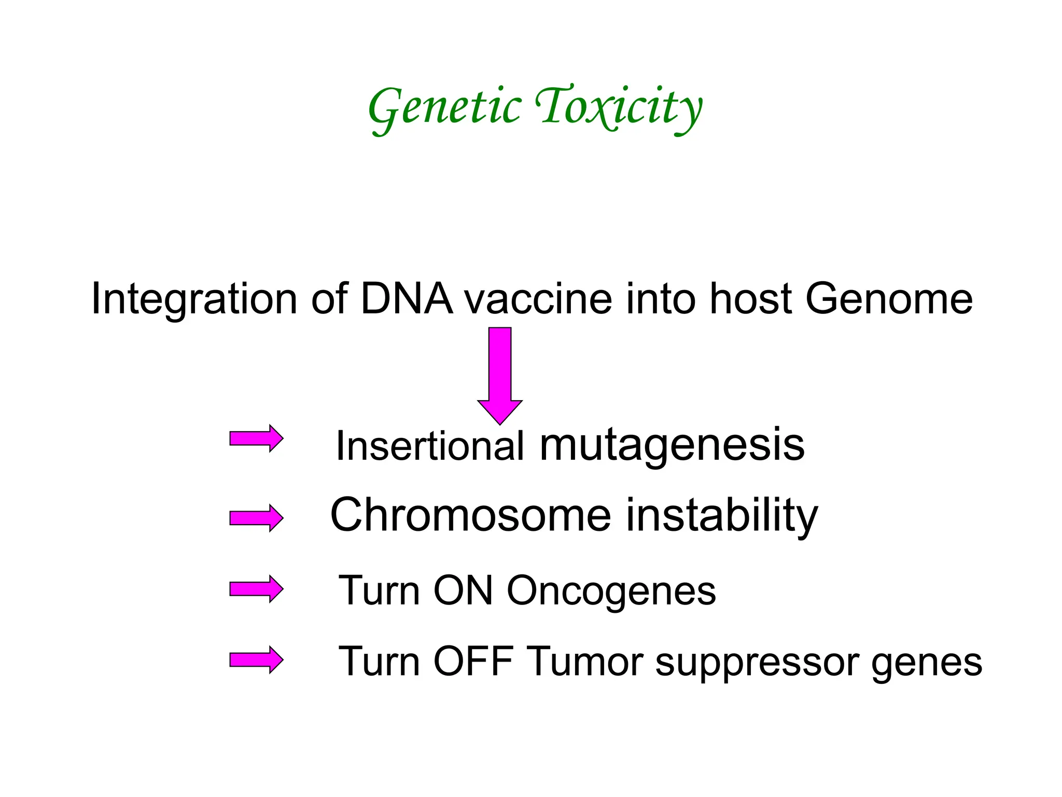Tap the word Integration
pyautogui.click(x=194, y=299)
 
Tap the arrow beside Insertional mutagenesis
pyautogui.click(x=256, y=438)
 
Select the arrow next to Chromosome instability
pyautogui.click(x=256, y=518)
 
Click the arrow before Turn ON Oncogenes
pyautogui.click(x=256, y=589)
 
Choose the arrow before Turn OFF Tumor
pyautogui.click(x=256, y=660)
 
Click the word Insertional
pyautogui.click(x=430, y=445)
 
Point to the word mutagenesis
pyautogui.click(x=672, y=445)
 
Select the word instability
pyautogui.click(x=722, y=515)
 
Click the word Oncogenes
pyautogui.click(x=611, y=590)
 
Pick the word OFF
pyautogui.click(x=473, y=661)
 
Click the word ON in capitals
pyautogui.click(x=463, y=590)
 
